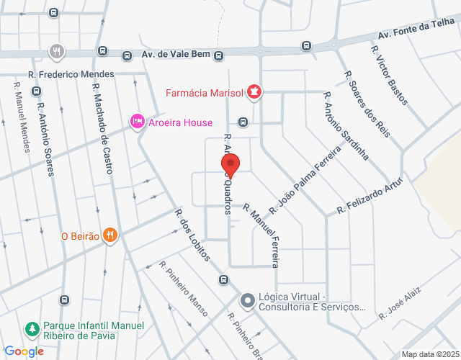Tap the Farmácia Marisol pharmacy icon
pos(254,92)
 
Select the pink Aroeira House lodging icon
pos(137,122)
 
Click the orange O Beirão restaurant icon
pos(109,235)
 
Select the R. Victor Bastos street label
pos(389,75)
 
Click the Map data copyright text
pos(430,354)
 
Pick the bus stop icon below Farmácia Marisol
pos(243,122)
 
